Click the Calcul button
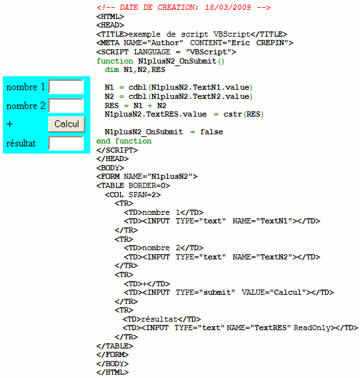tap(67, 124)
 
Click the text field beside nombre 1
tap(66, 86)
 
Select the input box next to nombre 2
tap(66, 105)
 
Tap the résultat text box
tap(66, 143)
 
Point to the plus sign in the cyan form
tap(10, 124)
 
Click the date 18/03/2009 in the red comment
tap(228, 7)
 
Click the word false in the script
tap(212, 132)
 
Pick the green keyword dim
tap(112, 69)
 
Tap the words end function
tap(124, 141)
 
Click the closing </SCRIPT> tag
tap(117, 150)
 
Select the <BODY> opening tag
tap(110, 168)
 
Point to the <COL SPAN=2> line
tap(132, 195)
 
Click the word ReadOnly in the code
tap(312, 328)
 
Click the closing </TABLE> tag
tap(115, 346)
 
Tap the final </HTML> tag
tap(112, 373)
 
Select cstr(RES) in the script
tap(243, 114)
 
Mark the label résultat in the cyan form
tap(21, 143)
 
